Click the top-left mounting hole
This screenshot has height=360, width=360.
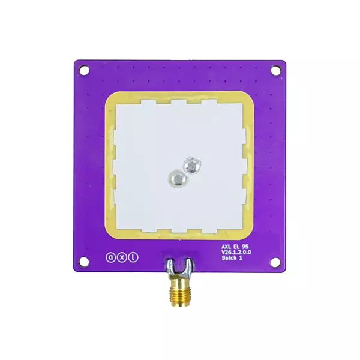coord(85,70)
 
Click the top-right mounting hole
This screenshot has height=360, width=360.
coord(275,70)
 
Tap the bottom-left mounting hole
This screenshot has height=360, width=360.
coord(85,262)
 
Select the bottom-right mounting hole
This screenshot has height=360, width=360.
coord(275,262)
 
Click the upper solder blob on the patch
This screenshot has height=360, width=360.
coord(192,164)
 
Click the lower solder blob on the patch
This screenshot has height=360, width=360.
coord(178,178)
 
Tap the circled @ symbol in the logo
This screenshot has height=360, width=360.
coord(110,257)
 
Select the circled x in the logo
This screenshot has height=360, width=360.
coord(122,257)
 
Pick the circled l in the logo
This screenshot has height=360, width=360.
coord(133,257)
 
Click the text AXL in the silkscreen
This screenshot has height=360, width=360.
coord(226,247)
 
